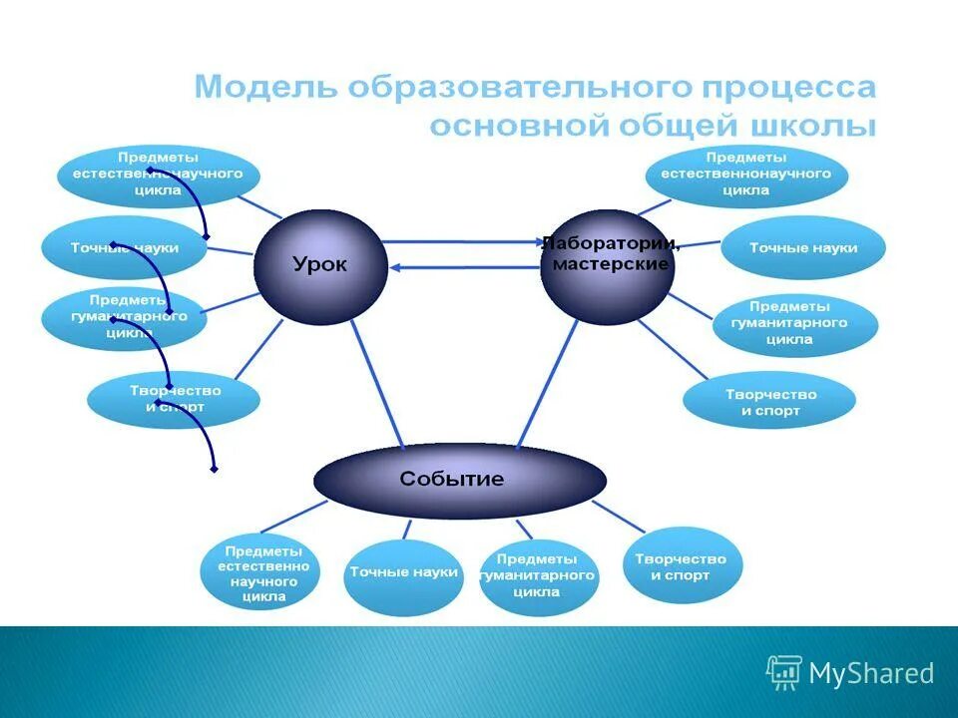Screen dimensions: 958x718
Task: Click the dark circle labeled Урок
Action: pos(319,265)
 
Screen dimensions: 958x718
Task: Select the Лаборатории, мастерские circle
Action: pos(607,266)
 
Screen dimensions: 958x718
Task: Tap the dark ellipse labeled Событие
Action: pos(459,480)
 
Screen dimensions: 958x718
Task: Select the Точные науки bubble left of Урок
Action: pos(125,247)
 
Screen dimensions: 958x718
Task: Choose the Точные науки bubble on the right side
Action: pos(802,248)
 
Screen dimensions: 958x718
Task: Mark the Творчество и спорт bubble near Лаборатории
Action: pos(769,402)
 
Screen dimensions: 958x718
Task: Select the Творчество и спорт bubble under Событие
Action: pos(682,567)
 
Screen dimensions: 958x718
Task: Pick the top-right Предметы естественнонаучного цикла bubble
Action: pos(745,174)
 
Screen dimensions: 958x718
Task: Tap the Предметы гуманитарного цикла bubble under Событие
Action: pos(539,575)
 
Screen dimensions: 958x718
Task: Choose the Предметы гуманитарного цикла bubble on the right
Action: pos(794,323)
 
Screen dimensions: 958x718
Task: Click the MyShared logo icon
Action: pos(783,673)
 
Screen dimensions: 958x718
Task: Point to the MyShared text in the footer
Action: pos(871,674)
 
